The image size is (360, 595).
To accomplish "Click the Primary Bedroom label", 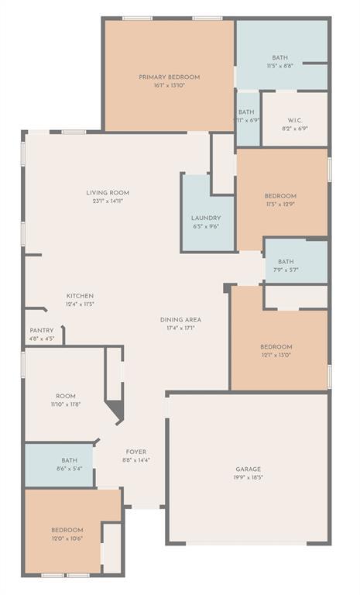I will point(169,77).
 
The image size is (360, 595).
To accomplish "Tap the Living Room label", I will point(108,193).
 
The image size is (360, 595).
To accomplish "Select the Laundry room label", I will point(206,218).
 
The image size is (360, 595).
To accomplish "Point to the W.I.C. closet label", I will point(295,120).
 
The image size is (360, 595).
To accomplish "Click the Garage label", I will point(248,469).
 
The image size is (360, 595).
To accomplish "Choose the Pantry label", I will point(42,330).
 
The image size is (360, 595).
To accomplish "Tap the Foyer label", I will point(136,452).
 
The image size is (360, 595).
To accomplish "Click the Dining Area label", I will point(181,320).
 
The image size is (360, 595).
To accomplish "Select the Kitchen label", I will point(80,296).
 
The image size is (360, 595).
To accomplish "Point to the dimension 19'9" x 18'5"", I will point(248,479).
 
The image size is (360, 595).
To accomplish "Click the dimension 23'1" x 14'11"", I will point(108,201).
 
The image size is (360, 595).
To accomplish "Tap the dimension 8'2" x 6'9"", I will point(295,129).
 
